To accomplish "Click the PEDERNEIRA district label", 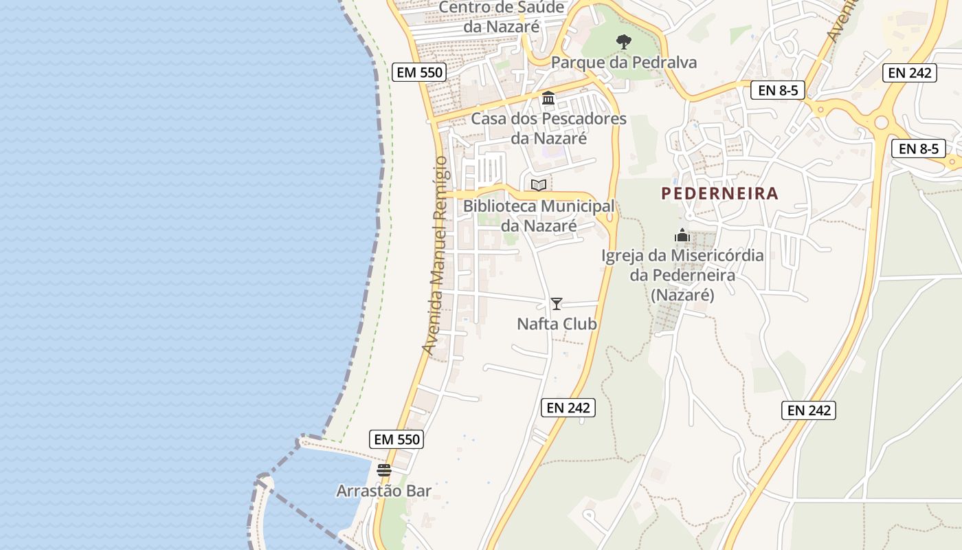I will [719, 194].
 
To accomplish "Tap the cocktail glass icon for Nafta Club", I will [557, 303].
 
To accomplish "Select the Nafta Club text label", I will [557, 324].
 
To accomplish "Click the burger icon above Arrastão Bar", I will [383, 470].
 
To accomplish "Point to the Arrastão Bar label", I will [383, 491].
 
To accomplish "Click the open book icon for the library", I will [539, 185].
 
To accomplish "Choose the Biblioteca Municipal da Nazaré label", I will [539, 215].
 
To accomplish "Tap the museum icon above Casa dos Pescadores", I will [548, 98].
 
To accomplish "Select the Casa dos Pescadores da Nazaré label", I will [548, 128].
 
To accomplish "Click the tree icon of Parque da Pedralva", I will [623, 42].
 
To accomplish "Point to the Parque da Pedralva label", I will [623, 63].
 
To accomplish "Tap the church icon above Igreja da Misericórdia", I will [682, 235].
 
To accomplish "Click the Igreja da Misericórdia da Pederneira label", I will [682, 275].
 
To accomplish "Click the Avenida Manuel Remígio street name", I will [435, 256].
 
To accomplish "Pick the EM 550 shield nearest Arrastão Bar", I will [396, 439].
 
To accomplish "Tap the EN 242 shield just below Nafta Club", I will [568, 408].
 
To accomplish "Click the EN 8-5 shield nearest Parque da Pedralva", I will [777, 90].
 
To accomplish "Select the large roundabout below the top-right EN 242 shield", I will [881, 122].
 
